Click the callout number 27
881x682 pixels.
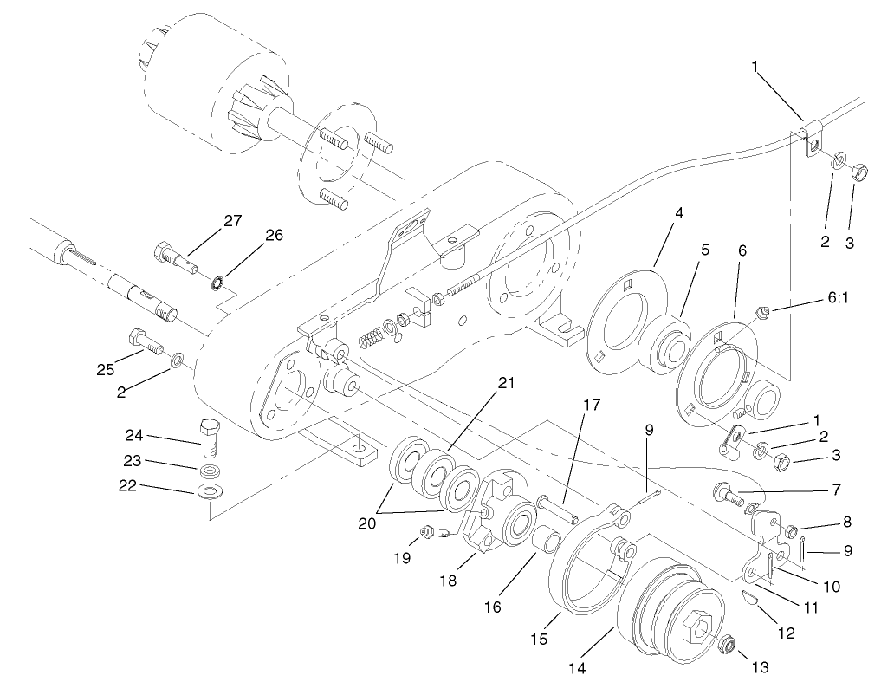tap(231, 221)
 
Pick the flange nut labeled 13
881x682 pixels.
tap(727, 644)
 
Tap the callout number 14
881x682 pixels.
tap(577, 668)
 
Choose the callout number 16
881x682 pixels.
tap(492, 607)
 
